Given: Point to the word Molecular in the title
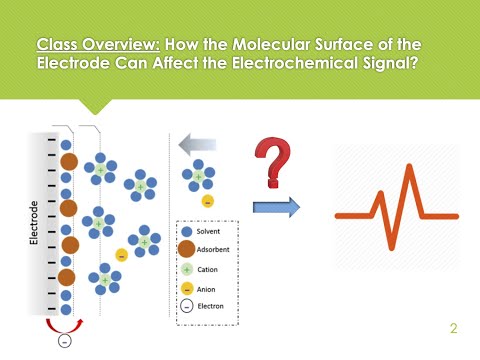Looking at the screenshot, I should (273, 45).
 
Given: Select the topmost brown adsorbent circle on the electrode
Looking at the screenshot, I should (68, 161).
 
